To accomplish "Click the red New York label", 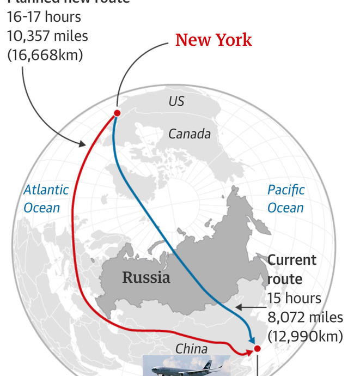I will (213, 40).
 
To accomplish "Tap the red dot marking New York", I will (117, 113).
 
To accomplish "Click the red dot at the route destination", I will (258, 348).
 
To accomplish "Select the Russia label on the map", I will (146, 277).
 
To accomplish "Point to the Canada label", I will (189, 134).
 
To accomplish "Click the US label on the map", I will (176, 101).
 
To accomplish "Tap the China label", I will (191, 349).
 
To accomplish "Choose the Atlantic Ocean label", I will (46, 198).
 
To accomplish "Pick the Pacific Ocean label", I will (285, 198).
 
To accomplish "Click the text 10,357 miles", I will (47, 36).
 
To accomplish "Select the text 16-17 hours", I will (44, 17).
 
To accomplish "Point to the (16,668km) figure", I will (45, 54).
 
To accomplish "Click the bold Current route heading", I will (292, 269).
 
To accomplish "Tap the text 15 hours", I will (294, 298).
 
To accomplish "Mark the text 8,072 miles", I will (305, 317).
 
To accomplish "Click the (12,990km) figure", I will (305, 336).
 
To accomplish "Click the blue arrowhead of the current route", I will (252, 339).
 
